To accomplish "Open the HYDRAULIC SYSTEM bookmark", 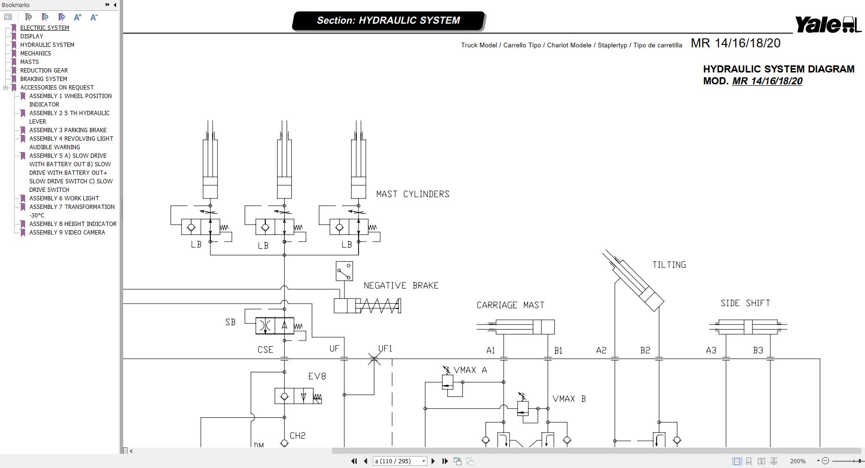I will pos(47,45).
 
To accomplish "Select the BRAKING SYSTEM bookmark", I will pos(44,79).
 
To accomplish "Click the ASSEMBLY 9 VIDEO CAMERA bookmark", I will pos(67,233).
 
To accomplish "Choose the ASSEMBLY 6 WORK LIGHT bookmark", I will pos(64,198).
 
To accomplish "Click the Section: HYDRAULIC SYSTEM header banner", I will pos(388,21).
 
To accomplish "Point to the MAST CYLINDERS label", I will pos(413,194).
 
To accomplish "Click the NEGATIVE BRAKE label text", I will pos(401,286).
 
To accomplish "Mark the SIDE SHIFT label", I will pos(745,303).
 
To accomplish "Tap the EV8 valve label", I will pos(317,377).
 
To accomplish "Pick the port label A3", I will pos(711,351).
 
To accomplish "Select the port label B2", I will pos(645,351).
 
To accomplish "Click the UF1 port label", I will pos(385,349).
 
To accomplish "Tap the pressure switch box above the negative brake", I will pos(344,271).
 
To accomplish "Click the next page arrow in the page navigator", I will pos(433,461).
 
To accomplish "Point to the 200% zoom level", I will pos(798,461).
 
